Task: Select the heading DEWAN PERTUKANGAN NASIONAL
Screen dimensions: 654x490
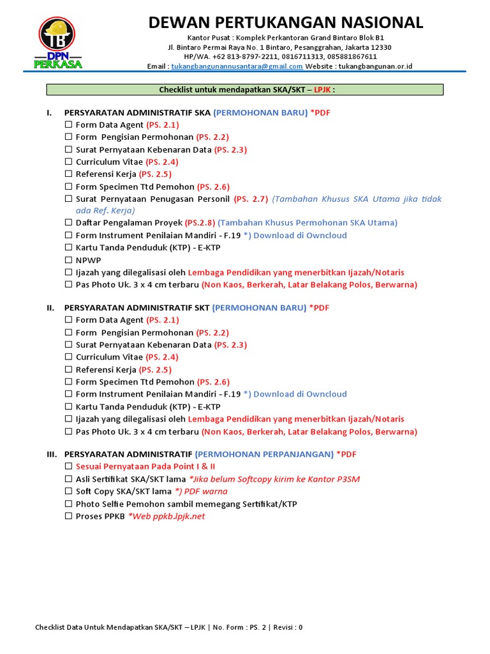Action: pyautogui.click(x=285, y=23)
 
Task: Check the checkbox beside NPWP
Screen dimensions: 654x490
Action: pyautogui.click(x=68, y=261)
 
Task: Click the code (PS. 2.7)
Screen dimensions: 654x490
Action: pyautogui.click(x=251, y=199)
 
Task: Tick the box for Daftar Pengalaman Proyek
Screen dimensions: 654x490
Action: pyautogui.click(x=68, y=223)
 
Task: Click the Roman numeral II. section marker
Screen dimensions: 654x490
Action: pyautogui.click(x=50, y=308)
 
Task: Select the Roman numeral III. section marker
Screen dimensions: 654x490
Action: pyautogui.click(x=52, y=454)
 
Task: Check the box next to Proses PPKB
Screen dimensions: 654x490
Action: pyautogui.click(x=68, y=516)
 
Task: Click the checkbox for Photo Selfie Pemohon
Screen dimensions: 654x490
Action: pyautogui.click(x=68, y=504)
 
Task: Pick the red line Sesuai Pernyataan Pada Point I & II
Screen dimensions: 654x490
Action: pyautogui.click(x=145, y=467)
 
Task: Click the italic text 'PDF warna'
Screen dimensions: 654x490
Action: pyautogui.click(x=206, y=492)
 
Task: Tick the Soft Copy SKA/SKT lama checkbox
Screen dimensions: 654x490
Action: pyautogui.click(x=68, y=492)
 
